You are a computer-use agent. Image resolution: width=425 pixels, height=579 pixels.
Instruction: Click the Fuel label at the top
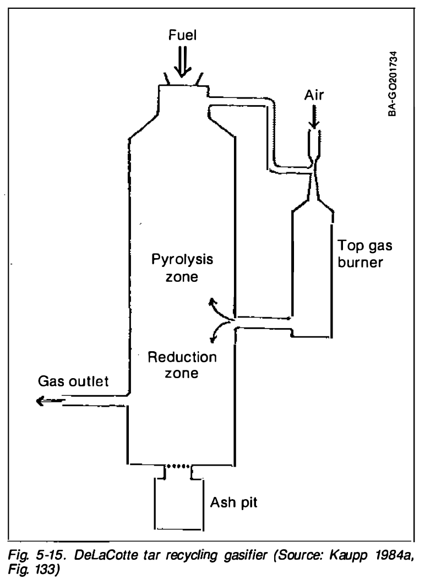point(182,35)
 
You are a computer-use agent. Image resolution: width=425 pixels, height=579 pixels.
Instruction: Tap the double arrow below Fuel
point(182,62)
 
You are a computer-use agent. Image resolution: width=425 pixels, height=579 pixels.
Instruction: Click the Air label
point(314,95)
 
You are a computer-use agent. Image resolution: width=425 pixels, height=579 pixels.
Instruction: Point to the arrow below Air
point(314,117)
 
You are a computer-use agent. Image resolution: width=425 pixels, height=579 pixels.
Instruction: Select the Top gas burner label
point(364,254)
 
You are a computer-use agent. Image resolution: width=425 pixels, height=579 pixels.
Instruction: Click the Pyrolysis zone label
point(182,267)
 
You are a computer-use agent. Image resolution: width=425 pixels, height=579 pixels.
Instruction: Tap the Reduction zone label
point(182,365)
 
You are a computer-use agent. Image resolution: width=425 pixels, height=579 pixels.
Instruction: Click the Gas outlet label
point(73,381)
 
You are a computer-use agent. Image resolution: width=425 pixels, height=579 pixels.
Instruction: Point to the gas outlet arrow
point(51,400)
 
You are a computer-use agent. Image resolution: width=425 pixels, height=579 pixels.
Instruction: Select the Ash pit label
point(233,502)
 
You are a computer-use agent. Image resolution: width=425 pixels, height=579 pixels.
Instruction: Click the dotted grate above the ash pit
point(178,466)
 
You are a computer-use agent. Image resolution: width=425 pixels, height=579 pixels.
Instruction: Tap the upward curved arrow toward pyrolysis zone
point(220,308)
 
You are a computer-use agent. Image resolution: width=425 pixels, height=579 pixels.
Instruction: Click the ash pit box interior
point(178,504)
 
